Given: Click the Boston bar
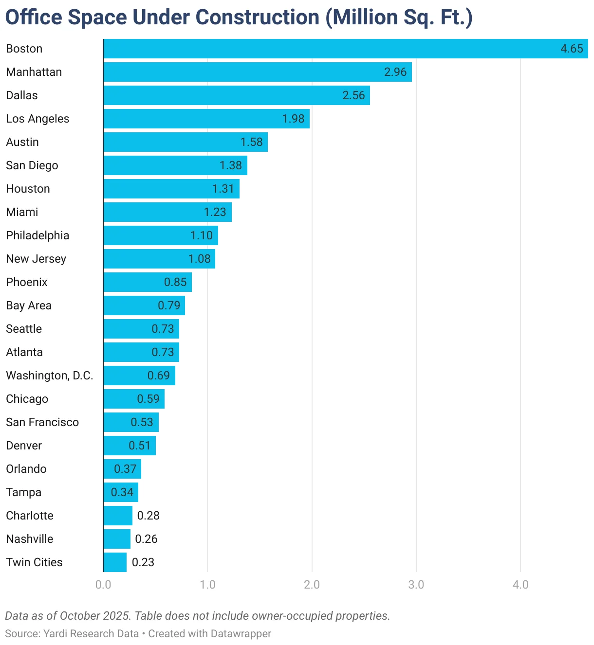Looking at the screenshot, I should pos(331,49).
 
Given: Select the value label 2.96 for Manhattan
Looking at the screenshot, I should pos(395,72).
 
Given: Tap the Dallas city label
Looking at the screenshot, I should pos(22,95).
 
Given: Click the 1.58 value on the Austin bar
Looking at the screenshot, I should pos(251,142).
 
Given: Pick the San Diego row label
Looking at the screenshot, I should pos(32,165).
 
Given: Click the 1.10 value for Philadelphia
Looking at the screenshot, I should pos(202,235).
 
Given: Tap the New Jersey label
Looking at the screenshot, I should pos(36,259).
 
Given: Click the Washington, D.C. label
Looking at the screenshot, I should pos(50,376).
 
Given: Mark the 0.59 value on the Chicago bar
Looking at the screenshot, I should pos(148,399).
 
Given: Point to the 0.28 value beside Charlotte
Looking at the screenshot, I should pos(148,516).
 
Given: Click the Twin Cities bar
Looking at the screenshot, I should pos(115,562).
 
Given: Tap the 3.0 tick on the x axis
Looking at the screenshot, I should pos(416,585).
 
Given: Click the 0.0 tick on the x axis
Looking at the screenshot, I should pos(103,585).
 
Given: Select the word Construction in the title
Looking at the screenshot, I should pos(258,18).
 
